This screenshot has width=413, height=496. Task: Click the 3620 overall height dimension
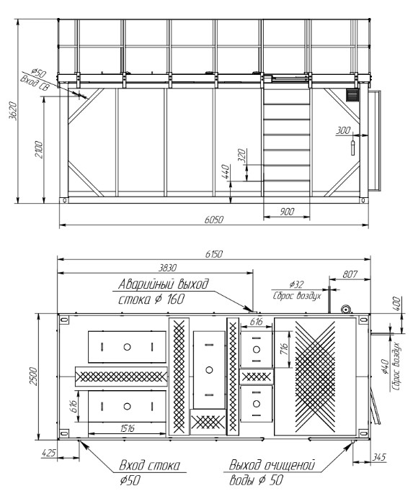pyautogui.click(x=13, y=111)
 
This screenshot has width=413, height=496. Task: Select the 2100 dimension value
pyautogui.click(x=39, y=150)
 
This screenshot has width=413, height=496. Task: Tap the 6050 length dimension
pyautogui.click(x=214, y=220)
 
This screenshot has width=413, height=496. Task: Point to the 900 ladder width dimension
pyautogui.click(x=287, y=212)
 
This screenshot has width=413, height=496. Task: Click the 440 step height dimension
pyautogui.click(x=226, y=171)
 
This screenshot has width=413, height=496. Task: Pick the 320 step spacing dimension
pyautogui.click(x=242, y=155)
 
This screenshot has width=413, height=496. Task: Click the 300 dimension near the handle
pyautogui.click(x=343, y=130)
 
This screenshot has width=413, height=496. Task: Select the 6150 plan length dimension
pyautogui.click(x=214, y=254)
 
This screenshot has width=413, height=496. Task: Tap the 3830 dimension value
pyautogui.click(x=167, y=268)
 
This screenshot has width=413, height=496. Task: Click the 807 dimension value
pyautogui.click(x=350, y=274)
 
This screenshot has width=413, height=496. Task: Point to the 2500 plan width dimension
pyautogui.click(x=33, y=376)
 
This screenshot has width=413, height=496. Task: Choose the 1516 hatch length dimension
pyautogui.click(x=128, y=428)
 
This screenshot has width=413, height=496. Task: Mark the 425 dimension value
pyautogui.click(x=48, y=453)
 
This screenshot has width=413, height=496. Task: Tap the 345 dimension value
pyautogui.click(x=378, y=457)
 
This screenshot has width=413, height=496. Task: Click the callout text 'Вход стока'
pyautogui.click(x=149, y=465)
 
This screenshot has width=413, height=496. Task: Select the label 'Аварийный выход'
pyautogui.click(x=164, y=284)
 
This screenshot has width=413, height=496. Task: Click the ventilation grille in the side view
pyautogui.click(x=352, y=95)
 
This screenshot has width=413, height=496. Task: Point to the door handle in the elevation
pyautogui.click(x=353, y=147)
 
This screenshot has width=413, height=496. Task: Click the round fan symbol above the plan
pyautogui.click(x=346, y=309)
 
